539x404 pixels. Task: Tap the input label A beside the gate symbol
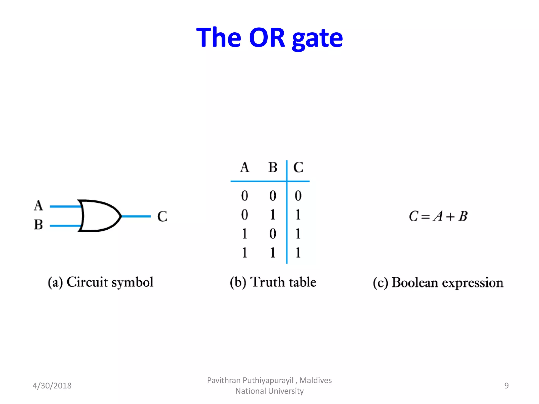pos(38,205)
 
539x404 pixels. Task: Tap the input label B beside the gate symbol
pos(38,225)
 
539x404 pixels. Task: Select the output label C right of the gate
pos(162,216)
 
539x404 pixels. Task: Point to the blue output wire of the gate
pos(136,216)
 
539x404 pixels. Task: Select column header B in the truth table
pos(273,167)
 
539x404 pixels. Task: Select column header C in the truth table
pos(298,167)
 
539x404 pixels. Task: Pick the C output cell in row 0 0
pos(298,196)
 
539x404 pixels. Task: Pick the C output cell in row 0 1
pos(298,215)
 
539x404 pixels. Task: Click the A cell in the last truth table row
pos(244,253)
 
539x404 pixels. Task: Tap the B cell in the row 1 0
pos(273,234)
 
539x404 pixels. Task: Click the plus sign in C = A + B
pos(450,217)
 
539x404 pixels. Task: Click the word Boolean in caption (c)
pos(415,283)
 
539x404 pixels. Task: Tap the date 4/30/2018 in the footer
pos(52,386)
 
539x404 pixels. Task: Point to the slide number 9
pos(506,386)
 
